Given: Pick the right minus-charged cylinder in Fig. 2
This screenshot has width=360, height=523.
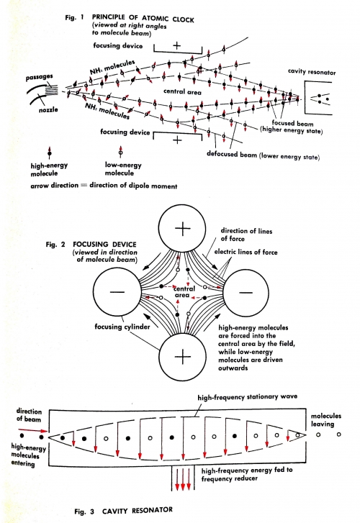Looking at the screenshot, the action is [246, 292].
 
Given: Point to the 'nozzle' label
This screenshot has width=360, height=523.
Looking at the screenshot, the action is [48, 109].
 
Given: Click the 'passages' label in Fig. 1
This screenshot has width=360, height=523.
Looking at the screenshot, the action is [39, 78].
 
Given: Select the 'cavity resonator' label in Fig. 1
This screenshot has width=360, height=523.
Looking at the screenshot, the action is [312, 72].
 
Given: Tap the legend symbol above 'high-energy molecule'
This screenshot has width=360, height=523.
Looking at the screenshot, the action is [50, 153].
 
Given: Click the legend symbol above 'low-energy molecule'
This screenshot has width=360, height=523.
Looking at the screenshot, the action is [120, 152].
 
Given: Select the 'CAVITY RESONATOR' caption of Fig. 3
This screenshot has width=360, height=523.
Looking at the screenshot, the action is [138, 511].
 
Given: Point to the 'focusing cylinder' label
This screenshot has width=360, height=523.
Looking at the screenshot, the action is [122, 327].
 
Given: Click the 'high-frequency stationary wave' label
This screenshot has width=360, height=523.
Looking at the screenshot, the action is [247, 397].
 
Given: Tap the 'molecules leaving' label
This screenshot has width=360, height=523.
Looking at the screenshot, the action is [326, 420].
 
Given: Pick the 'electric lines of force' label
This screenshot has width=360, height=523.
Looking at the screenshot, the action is [246, 252].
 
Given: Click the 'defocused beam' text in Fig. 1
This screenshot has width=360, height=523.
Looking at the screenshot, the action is [232, 154].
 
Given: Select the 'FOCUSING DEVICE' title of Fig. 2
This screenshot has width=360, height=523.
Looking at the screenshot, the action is [104, 244].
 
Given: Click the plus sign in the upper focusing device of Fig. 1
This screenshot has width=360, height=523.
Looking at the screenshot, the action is [177, 46].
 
